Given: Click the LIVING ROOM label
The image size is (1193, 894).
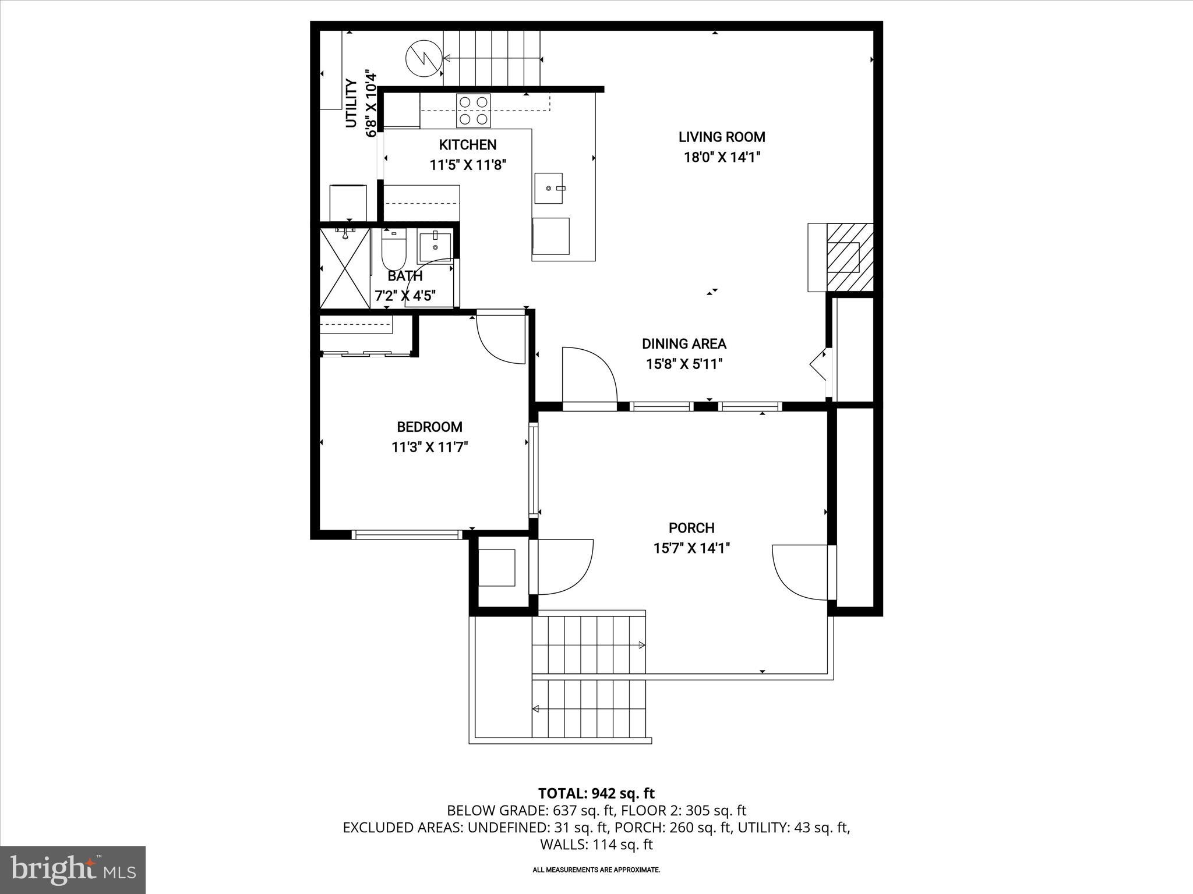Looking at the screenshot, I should click(722, 137).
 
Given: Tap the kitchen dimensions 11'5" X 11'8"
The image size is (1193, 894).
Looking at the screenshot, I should click(468, 165).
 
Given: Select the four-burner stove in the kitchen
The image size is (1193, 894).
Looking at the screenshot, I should click(473, 111).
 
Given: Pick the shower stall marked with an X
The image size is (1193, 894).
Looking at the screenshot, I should click(345, 268).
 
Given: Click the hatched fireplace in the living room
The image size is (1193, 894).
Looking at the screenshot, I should click(849, 258).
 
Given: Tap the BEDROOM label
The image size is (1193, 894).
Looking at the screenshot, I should click(429, 427).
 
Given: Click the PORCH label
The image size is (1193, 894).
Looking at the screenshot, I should click(691, 528).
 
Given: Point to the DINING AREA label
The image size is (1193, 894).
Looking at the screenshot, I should click(684, 344).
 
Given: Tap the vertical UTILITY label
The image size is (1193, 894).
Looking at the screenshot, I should click(351, 104).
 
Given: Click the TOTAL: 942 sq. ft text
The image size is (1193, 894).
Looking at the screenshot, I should click(596, 793).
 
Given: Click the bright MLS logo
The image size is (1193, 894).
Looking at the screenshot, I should click(73, 870).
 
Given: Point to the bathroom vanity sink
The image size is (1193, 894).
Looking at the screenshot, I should click(435, 247).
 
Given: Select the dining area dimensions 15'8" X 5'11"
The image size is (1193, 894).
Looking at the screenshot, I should click(684, 364).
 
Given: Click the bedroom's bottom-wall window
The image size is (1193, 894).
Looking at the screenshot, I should click(407, 534).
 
